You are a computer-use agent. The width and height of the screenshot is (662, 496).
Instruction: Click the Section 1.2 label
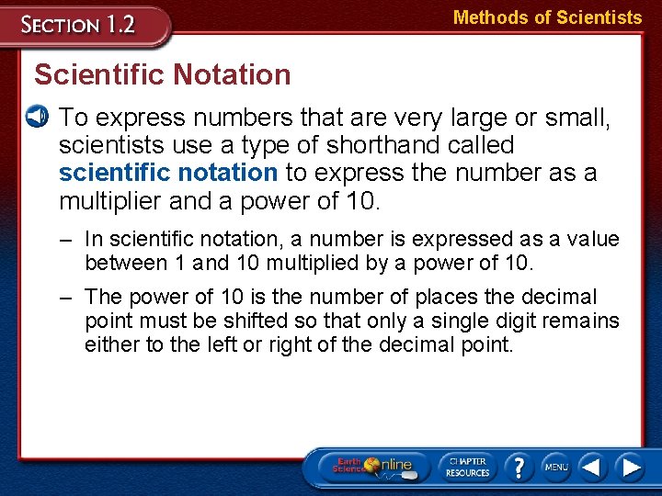[x=80, y=24]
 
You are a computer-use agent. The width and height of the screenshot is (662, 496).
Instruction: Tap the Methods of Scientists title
[x=548, y=17]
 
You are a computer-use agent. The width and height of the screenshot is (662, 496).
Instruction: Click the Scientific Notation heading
[x=163, y=74]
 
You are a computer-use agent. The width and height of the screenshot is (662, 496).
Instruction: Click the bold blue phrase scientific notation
[x=168, y=172]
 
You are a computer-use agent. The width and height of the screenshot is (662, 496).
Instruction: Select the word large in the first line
[x=474, y=118]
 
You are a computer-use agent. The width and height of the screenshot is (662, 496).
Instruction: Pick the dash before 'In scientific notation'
[x=66, y=240]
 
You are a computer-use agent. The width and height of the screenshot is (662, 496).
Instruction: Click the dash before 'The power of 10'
[x=66, y=298]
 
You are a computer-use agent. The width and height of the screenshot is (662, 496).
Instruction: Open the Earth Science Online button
[x=373, y=467]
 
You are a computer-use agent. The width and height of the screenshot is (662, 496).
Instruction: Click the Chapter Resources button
[x=468, y=466]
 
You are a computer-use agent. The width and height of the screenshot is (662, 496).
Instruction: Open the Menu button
[x=555, y=467]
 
